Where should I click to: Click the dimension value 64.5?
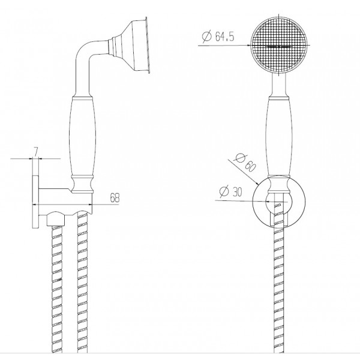click(224, 37)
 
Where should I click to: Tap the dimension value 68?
click(115, 197)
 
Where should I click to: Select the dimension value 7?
click(35, 152)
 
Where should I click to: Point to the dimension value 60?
click(250, 166)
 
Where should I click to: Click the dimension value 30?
click(237, 192)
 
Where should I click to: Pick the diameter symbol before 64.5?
click(206, 37)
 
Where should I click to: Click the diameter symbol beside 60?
click(241, 158)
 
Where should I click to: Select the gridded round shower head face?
click(279, 45)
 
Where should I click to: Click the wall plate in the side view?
click(35, 202)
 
